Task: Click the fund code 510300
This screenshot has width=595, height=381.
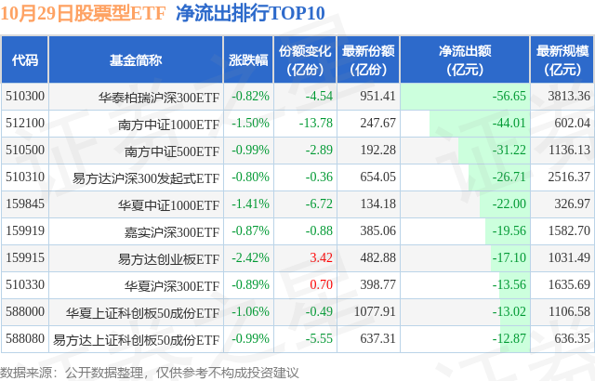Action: [x=24, y=96]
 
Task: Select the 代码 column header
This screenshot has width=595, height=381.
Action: [x=25, y=60]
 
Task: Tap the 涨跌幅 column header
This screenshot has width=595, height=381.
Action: [x=248, y=60]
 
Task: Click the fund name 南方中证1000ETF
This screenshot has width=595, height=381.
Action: [x=169, y=123]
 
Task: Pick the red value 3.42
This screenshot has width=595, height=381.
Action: [x=321, y=257]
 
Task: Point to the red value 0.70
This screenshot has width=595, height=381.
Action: [x=321, y=284]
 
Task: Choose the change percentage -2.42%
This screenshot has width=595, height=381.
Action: [x=249, y=257]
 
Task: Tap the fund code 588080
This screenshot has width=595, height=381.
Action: [x=24, y=338]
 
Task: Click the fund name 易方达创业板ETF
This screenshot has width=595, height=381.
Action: [x=169, y=257]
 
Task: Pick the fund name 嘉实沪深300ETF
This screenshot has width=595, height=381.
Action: [x=178, y=230]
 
